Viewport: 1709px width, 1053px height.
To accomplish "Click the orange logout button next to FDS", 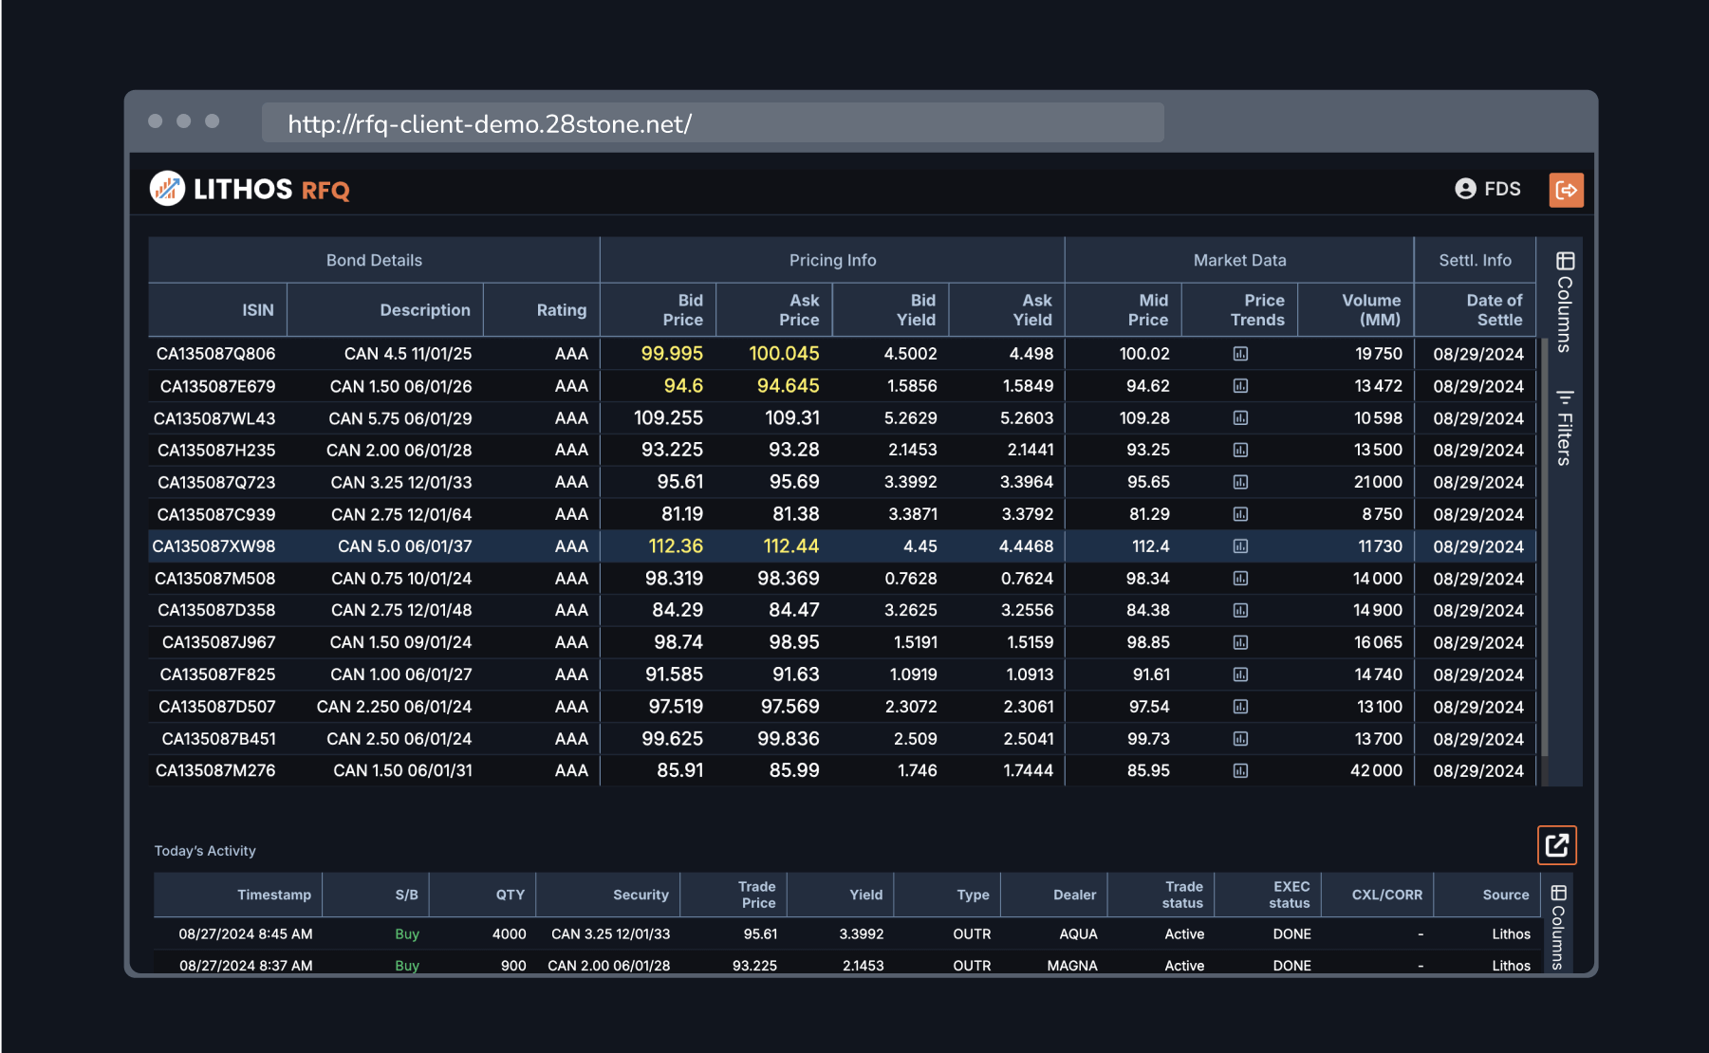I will click(1566, 190).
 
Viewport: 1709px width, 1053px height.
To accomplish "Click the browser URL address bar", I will click(712, 123).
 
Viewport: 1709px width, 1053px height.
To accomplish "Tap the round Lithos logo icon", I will click(167, 189).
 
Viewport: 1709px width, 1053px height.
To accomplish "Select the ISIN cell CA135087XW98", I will click(214, 546).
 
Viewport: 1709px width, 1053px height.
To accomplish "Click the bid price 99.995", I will click(671, 354).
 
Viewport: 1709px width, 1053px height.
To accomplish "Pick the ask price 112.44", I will click(790, 546).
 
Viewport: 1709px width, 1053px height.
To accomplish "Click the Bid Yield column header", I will click(915, 310).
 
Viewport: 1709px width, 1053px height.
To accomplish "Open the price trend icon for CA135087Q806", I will click(1240, 354).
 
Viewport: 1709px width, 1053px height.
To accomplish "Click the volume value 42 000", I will click(1375, 770).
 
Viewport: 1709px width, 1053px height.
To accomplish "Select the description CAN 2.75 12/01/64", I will click(400, 514).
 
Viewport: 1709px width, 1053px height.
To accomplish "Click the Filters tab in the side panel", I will click(1564, 428).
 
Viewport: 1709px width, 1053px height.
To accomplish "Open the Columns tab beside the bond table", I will click(1564, 302).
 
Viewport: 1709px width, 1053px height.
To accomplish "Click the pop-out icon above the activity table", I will click(1556, 845).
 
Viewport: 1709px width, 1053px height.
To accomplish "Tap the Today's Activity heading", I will click(205, 851).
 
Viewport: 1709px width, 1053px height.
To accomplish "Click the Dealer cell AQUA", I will click(1077, 934).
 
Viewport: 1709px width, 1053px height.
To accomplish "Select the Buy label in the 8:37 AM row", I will click(406, 966).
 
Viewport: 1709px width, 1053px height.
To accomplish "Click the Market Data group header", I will click(1239, 260).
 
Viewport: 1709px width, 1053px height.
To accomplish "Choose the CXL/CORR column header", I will click(1385, 895).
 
